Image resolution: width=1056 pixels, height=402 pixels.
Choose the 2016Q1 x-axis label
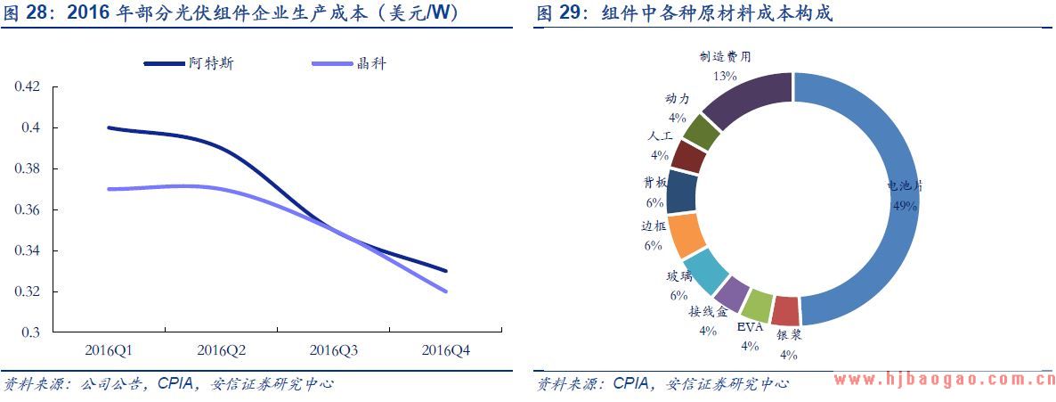pyautogui.click(x=108, y=350)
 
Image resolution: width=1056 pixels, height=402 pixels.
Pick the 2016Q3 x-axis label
pyautogui.click(x=333, y=350)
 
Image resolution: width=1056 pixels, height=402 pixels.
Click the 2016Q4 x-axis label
pyautogui.click(x=445, y=350)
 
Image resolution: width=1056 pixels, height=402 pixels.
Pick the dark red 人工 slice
pyautogui.click(x=687, y=157)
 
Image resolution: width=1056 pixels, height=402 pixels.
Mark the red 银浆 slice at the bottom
pyautogui.click(x=785, y=311)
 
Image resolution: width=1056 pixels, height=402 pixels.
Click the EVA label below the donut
pyautogui.click(x=750, y=327)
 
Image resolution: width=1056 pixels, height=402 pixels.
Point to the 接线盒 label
pyautogui.click(x=708, y=312)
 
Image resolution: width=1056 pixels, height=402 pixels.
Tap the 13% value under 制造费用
pyautogui.click(x=724, y=76)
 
